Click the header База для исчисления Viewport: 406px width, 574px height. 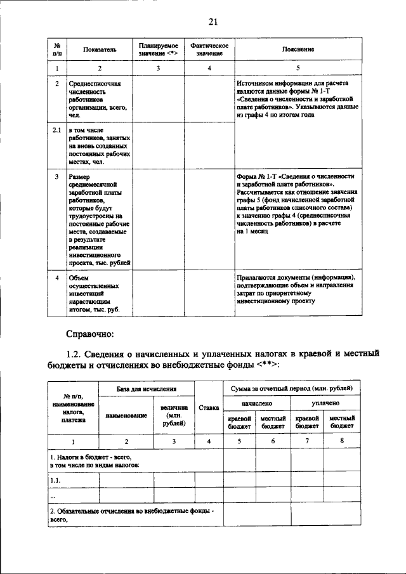146,388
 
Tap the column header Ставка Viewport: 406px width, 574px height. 209,407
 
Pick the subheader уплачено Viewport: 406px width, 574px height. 325,403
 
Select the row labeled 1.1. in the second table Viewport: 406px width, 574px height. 55,480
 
